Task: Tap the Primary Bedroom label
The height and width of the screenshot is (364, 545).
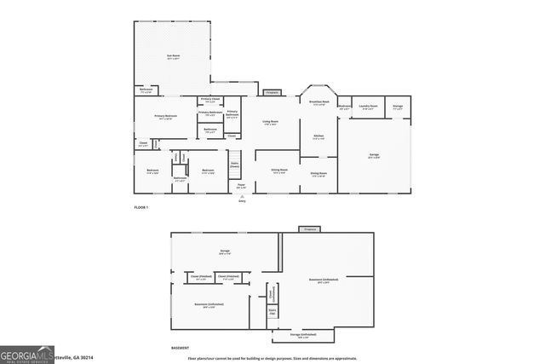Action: coord(165,116)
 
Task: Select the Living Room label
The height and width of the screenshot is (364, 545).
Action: coord(270,122)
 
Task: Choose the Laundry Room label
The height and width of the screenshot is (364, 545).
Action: coord(368,107)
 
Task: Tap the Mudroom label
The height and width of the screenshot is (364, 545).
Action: coord(344,107)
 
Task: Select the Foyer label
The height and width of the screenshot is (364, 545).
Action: coord(241,186)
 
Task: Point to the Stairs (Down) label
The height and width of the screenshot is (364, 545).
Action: coord(234,165)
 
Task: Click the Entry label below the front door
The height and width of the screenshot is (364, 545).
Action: coord(242,201)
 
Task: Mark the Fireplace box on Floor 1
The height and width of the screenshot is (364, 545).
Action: coord(272,92)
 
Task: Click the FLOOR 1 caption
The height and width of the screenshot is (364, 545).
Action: coord(141,208)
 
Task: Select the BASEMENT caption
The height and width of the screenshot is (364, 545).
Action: coord(180,348)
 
